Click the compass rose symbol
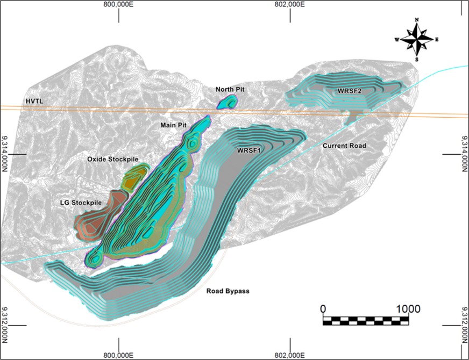pos(417,39)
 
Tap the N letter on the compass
pos(417,20)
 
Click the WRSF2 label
pos(349,91)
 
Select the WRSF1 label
pos(248,151)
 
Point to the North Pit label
pos(231,89)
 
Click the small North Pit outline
pos(228,102)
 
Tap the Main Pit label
pos(173,125)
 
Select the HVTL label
pos(33,101)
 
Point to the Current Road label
pos(344,146)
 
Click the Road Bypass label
pos(228,291)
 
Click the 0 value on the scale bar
pos(323,309)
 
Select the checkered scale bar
pos(365,321)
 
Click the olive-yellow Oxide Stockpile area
pos(134,177)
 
